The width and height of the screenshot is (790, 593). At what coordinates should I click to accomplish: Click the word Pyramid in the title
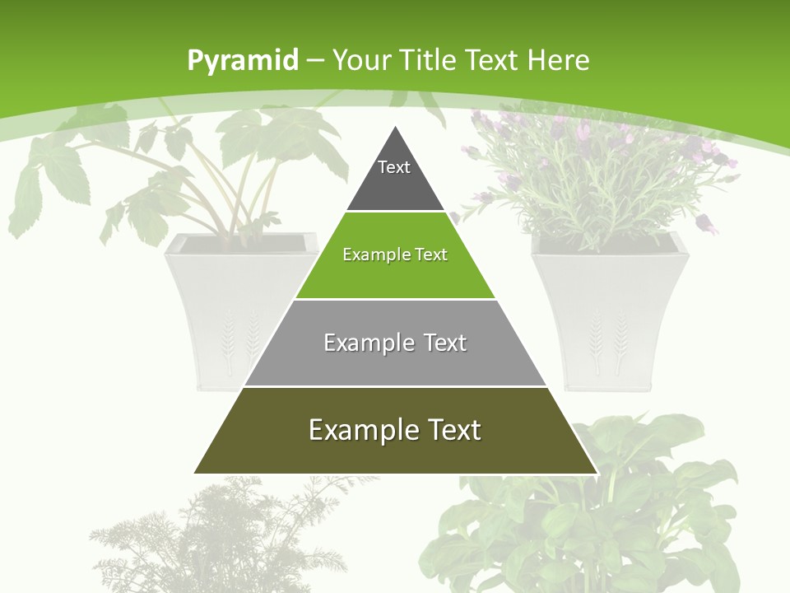[x=243, y=61]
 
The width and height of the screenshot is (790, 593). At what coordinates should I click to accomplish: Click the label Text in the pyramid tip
[x=394, y=167]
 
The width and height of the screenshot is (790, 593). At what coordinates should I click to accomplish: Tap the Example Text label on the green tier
[x=395, y=254]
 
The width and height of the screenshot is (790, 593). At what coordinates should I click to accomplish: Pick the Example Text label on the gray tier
[x=395, y=343]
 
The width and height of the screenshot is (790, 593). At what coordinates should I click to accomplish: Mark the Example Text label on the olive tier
[x=395, y=430]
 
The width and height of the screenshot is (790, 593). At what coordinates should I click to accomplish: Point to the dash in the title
[x=315, y=61]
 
